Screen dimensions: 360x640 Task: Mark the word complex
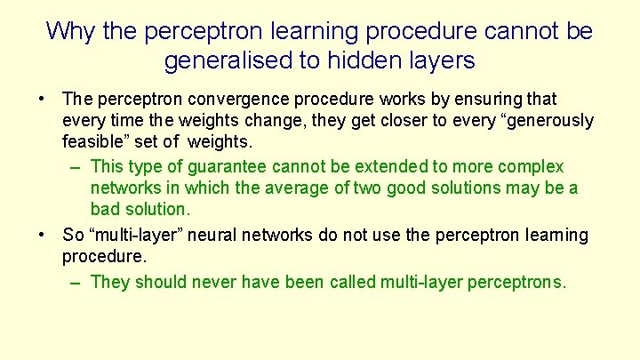(x=531, y=166)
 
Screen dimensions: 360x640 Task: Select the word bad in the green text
(x=106, y=211)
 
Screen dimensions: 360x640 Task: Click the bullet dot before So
(x=42, y=235)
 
